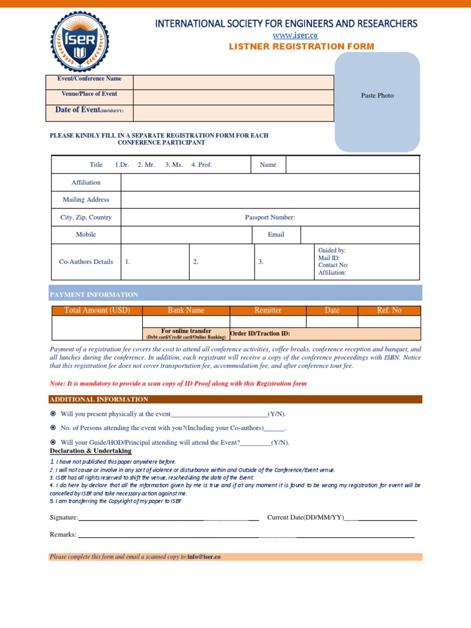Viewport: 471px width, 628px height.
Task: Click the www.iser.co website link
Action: click(x=286, y=36)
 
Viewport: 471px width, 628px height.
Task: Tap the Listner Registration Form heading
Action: click(x=301, y=47)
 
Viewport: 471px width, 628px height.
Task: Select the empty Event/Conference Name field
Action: click(x=233, y=82)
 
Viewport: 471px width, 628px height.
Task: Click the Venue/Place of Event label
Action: click(x=90, y=94)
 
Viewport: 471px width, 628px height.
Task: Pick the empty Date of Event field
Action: click(x=233, y=113)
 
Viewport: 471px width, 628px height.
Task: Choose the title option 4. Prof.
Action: click(x=201, y=165)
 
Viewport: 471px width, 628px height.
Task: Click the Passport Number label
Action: click(x=270, y=217)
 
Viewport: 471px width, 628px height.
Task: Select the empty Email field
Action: click(x=360, y=235)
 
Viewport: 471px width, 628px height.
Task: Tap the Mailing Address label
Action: click(x=86, y=199)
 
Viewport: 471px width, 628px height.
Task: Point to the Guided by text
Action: click(x=332, y=251)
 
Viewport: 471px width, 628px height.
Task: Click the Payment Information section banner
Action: click(x=235, y=294)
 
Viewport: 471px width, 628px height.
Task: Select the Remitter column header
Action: click(x=267, y=310)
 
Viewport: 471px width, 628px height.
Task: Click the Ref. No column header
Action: click(x=389, y=310)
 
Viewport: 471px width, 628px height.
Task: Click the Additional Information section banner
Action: click(x=235, y=399)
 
